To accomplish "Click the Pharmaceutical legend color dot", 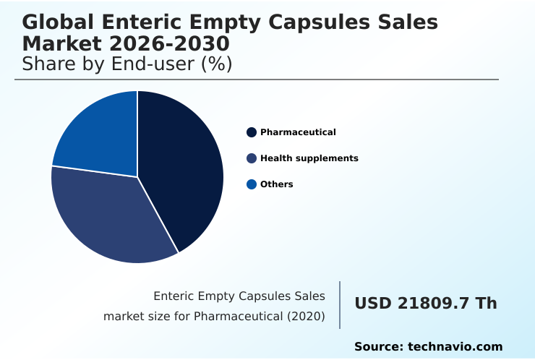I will (252, 132).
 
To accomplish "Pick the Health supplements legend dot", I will (252, 158).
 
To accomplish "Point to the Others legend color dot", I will (252, 184).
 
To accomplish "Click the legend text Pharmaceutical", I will (298, 132).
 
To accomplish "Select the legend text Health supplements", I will (309, 158).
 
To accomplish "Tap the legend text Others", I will (277, 184).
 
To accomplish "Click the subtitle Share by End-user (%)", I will (127, 64).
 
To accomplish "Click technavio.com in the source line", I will (455, 347).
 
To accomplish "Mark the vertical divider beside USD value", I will (340, 305).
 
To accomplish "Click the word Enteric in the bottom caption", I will (175, 296).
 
